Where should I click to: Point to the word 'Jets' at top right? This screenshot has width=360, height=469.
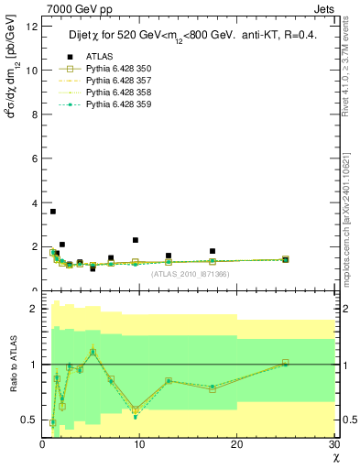[327, 8]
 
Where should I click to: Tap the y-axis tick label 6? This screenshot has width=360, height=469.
[34, 158]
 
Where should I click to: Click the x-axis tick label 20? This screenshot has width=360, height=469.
[236, 444]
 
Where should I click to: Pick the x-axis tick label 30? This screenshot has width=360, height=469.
[333, 444]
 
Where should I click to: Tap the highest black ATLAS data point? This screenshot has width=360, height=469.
[53, 212]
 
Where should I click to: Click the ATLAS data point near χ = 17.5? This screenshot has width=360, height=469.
[213, 251]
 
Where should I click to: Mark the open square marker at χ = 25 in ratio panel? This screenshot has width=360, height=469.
[285, 363]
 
